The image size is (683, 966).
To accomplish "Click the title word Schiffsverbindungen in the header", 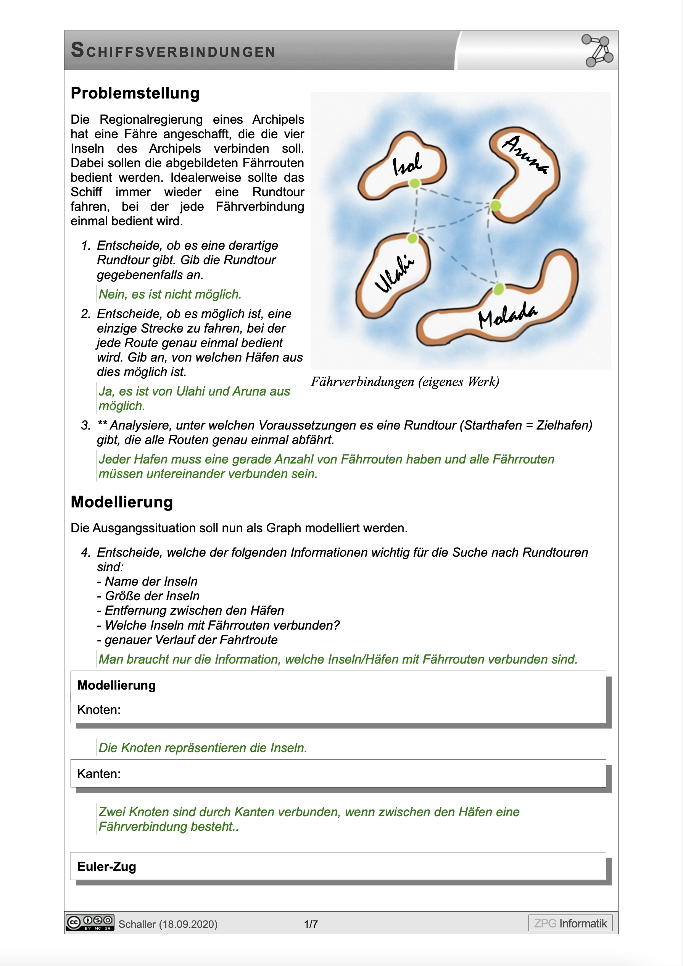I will coord(173,51).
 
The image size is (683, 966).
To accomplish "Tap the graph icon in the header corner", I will coord(597,51).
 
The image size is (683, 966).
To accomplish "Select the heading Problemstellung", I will coord(135,93).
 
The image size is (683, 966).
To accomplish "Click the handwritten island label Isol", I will coord(407,164).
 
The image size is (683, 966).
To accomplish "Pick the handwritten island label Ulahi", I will coord(394,274).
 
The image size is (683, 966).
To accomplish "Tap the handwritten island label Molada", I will coord(507,315).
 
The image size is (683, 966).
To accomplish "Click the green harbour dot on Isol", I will coord(415,183).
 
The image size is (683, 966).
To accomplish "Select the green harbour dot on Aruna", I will coord(496,206).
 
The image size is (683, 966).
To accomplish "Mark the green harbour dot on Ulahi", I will coord(412,239).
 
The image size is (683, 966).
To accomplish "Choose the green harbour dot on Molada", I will coord(499,289).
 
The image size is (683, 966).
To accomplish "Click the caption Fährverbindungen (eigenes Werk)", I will coord(405,381).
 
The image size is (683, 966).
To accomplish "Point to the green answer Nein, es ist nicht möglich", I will coord(170,294).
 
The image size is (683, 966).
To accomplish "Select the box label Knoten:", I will coord(99,710).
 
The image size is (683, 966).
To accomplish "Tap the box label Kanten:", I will coord(99,774).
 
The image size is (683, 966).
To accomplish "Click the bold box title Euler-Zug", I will coord(107,867).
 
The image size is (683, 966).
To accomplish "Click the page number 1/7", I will coord(311,924).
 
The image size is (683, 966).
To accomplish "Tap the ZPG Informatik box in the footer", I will coord(570,923).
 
